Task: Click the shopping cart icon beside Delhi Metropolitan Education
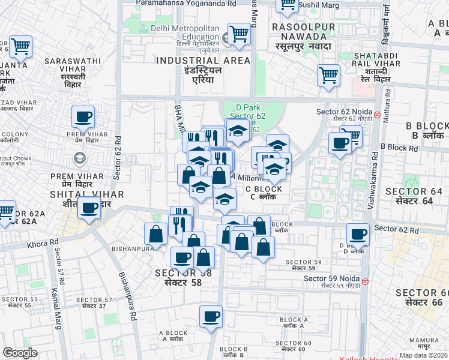click(x=239, y=34)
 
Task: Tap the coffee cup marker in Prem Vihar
click(x=83, y=116)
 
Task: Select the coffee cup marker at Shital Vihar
click(x=89, y=209)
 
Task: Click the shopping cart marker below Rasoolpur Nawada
click(x=328, y=76)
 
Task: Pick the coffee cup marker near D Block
click(x=358, y=235)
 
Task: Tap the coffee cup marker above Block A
click(x=211, y=316)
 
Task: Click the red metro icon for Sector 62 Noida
click(x=376, y=115)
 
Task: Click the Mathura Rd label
click(x=387, y=106)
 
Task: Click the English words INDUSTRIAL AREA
click(x=203, y=61)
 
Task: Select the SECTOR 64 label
click(x=414, y=191)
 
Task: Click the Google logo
click(x=20, y=353)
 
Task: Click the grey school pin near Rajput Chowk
click(x=79, y=158)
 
